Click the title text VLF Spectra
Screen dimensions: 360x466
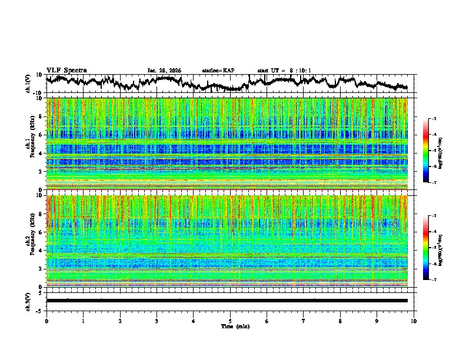point(66,70)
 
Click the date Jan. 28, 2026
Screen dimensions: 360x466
point(164,71)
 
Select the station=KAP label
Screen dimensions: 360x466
point(218,71)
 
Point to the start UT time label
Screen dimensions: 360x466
point(284,71)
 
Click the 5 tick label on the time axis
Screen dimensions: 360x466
point(230,321)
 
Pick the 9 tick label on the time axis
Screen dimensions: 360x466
point(377,321)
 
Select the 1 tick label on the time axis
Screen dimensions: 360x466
point(83,321)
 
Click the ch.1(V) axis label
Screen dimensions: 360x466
point(28,84)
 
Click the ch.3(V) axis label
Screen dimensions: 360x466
point(28,301)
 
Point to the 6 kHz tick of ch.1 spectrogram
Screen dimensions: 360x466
point(39,135)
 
